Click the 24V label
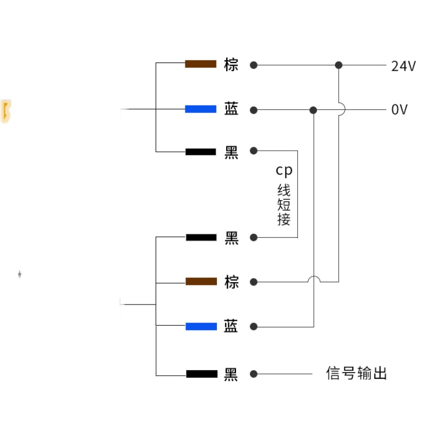(403, 66)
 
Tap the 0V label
(400, 110)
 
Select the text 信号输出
(357, 374)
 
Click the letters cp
(283, 170)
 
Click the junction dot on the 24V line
(339, 65)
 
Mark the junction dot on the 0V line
(313, 110)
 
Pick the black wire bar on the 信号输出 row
(201, 374)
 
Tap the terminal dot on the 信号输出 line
(253, 374)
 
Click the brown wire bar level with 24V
(201, 65)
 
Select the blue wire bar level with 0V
(201, 109)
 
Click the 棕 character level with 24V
(231, 65)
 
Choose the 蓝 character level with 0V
(231, 109)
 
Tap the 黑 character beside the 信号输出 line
(231, 374)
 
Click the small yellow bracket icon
(6, 111)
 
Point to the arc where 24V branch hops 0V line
(339, 109)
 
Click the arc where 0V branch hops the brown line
(314, 279)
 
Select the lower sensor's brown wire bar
(201, 282)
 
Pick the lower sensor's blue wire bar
(201, 326)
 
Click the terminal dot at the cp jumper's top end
(253, 151)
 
